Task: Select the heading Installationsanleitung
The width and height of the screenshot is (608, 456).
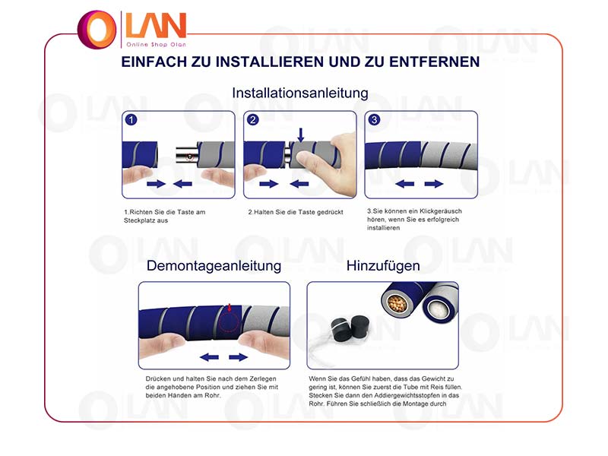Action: tap(300, 93)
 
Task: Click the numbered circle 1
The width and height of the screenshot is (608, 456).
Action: tap(131, 120)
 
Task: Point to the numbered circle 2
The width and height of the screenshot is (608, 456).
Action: tap(253, 120)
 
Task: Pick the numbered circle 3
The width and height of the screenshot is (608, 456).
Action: tap(374, 120)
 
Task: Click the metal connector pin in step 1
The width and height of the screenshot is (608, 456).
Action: tap(187, 155)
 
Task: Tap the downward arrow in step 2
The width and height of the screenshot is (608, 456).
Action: tap(300, 135)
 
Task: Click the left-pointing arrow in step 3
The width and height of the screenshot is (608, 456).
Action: tap(405, 184)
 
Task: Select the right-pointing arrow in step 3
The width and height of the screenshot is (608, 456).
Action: tap(434, 184)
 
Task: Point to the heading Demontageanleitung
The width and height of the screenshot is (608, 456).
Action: tap(214, 266)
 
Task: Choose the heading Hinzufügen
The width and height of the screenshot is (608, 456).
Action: tap(383, 266)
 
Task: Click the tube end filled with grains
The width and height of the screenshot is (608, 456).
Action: tap(396, 303)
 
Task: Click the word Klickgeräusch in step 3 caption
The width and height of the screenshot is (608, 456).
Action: tap(441, 211)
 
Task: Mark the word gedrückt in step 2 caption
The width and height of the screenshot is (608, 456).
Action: tap(330, 213)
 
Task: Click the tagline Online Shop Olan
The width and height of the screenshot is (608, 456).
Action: tap(157, 45)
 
